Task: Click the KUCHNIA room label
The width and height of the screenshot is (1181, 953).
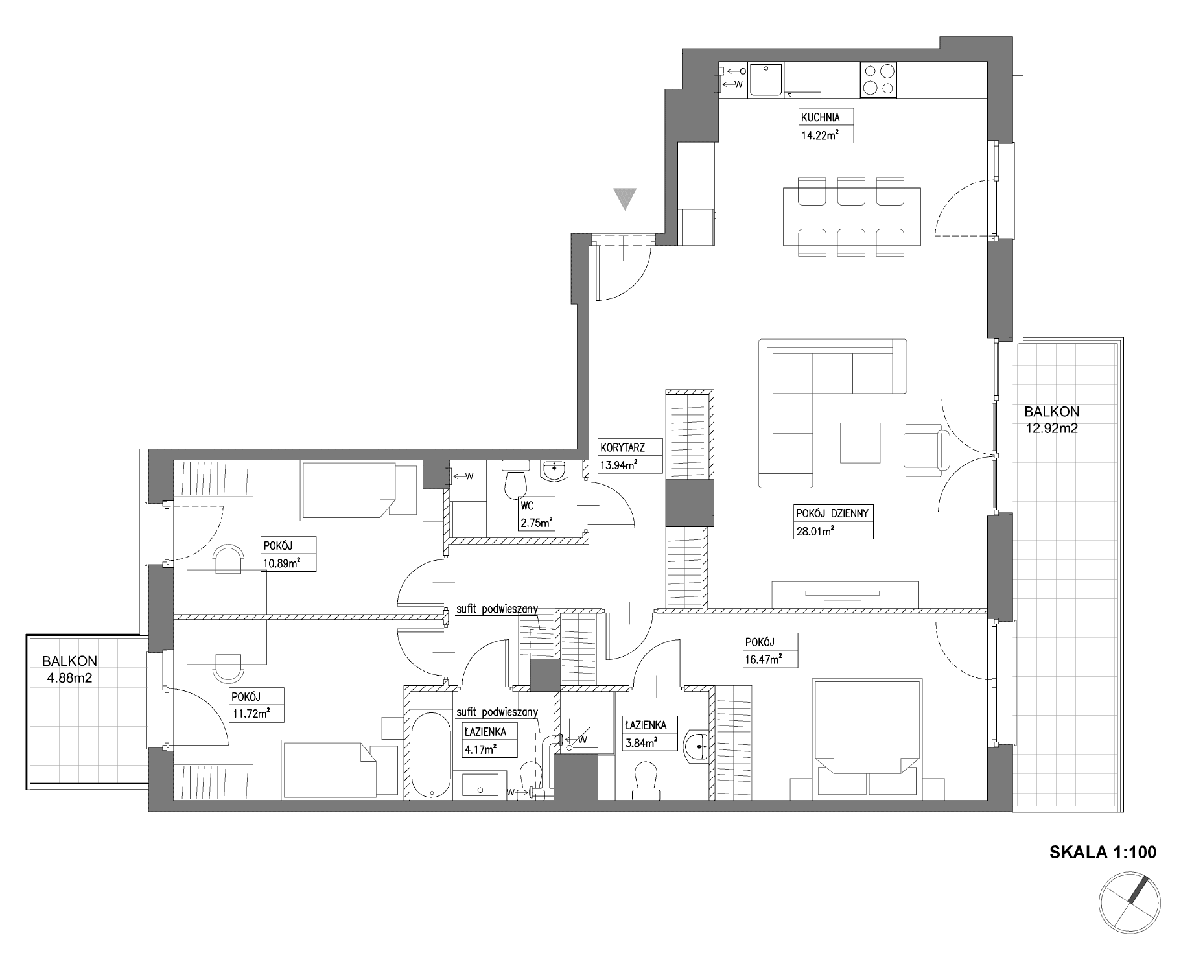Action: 820,118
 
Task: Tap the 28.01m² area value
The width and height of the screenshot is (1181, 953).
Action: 814,530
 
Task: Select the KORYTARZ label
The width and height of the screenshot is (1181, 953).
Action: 622,448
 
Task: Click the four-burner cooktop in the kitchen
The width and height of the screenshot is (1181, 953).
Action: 878,80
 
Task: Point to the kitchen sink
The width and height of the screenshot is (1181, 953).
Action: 767,80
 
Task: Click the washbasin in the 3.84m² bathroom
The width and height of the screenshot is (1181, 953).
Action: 698,745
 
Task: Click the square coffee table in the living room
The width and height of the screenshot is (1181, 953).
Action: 860,443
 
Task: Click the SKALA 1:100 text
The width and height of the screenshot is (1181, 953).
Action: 1103,852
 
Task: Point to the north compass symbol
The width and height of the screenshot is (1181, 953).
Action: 1129,902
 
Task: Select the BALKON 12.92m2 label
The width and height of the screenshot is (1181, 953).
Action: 1051,419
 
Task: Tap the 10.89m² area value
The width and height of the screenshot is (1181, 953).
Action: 281,563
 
